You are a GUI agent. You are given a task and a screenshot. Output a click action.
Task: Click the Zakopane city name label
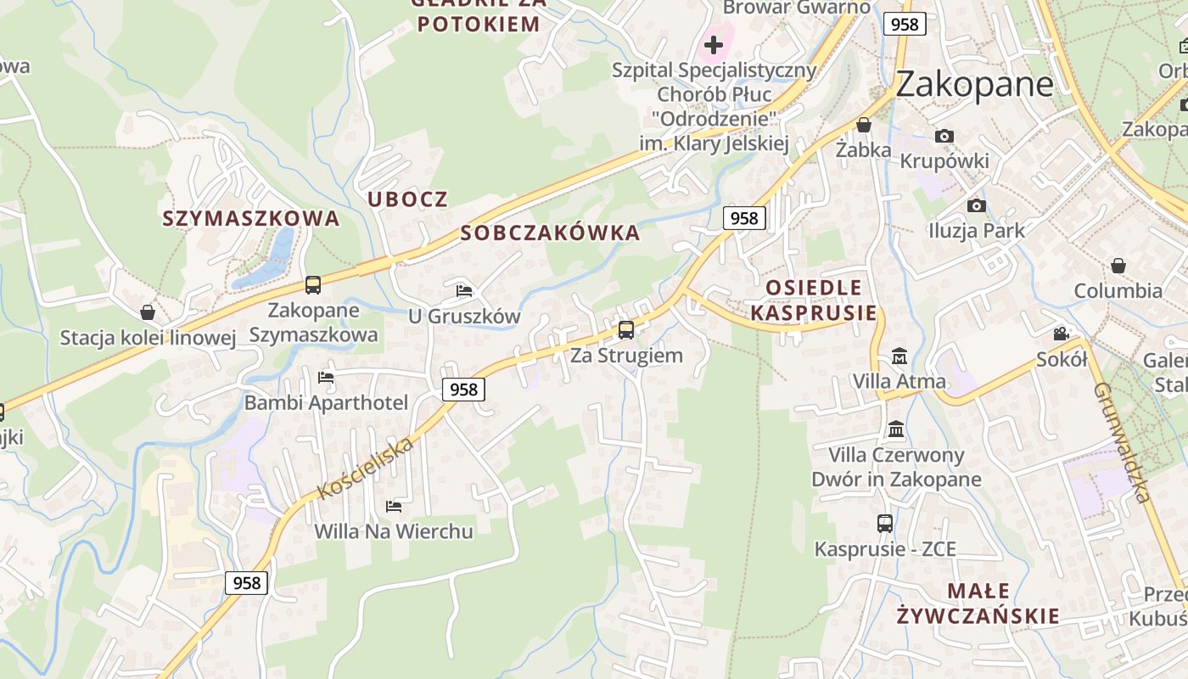tap(974, 84)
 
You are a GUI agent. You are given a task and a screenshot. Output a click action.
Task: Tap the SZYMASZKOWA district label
tap(251, 218)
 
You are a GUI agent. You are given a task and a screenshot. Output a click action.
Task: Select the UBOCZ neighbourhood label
tap(407, 199)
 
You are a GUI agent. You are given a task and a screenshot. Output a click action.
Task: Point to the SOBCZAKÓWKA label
tap(550, 233)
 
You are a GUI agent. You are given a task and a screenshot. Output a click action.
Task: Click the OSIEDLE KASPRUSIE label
tap(814, 300)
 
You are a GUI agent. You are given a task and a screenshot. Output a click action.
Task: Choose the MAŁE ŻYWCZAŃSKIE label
tap(978, 603)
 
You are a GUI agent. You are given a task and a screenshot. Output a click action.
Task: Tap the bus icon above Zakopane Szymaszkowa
tap(313, 285)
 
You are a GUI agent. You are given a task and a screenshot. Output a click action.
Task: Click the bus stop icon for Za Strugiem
tap(626, 330)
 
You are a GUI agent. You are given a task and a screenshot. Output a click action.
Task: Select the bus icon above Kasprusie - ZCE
tap(885, 524)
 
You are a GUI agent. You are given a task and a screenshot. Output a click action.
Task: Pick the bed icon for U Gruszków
tap(464, 291)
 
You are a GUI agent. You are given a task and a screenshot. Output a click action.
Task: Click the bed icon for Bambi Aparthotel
tap(326, 378)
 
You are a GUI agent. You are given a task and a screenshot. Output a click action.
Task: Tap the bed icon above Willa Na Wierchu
tap(394, 507)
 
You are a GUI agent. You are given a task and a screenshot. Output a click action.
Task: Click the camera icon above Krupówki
tap(944, 136)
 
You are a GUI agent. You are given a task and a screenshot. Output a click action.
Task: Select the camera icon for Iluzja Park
tap(977, 205)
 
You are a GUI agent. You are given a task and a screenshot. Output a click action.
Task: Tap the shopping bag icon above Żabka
tap(864, 126)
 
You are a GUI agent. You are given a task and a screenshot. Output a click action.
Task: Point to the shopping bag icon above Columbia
tap(1118, 266)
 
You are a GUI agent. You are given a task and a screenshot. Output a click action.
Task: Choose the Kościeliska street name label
tap(366, 468)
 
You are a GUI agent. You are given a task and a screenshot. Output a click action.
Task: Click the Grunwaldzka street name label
tap(1122, 442)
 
